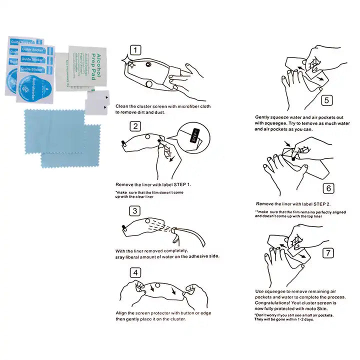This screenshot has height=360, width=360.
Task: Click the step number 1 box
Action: (136, 50)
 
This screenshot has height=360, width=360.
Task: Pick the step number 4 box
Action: (135, 273)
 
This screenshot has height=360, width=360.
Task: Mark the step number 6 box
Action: (328, 188)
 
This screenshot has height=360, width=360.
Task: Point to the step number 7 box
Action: (327, 252)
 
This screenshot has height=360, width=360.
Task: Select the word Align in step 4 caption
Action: (121, 312)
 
